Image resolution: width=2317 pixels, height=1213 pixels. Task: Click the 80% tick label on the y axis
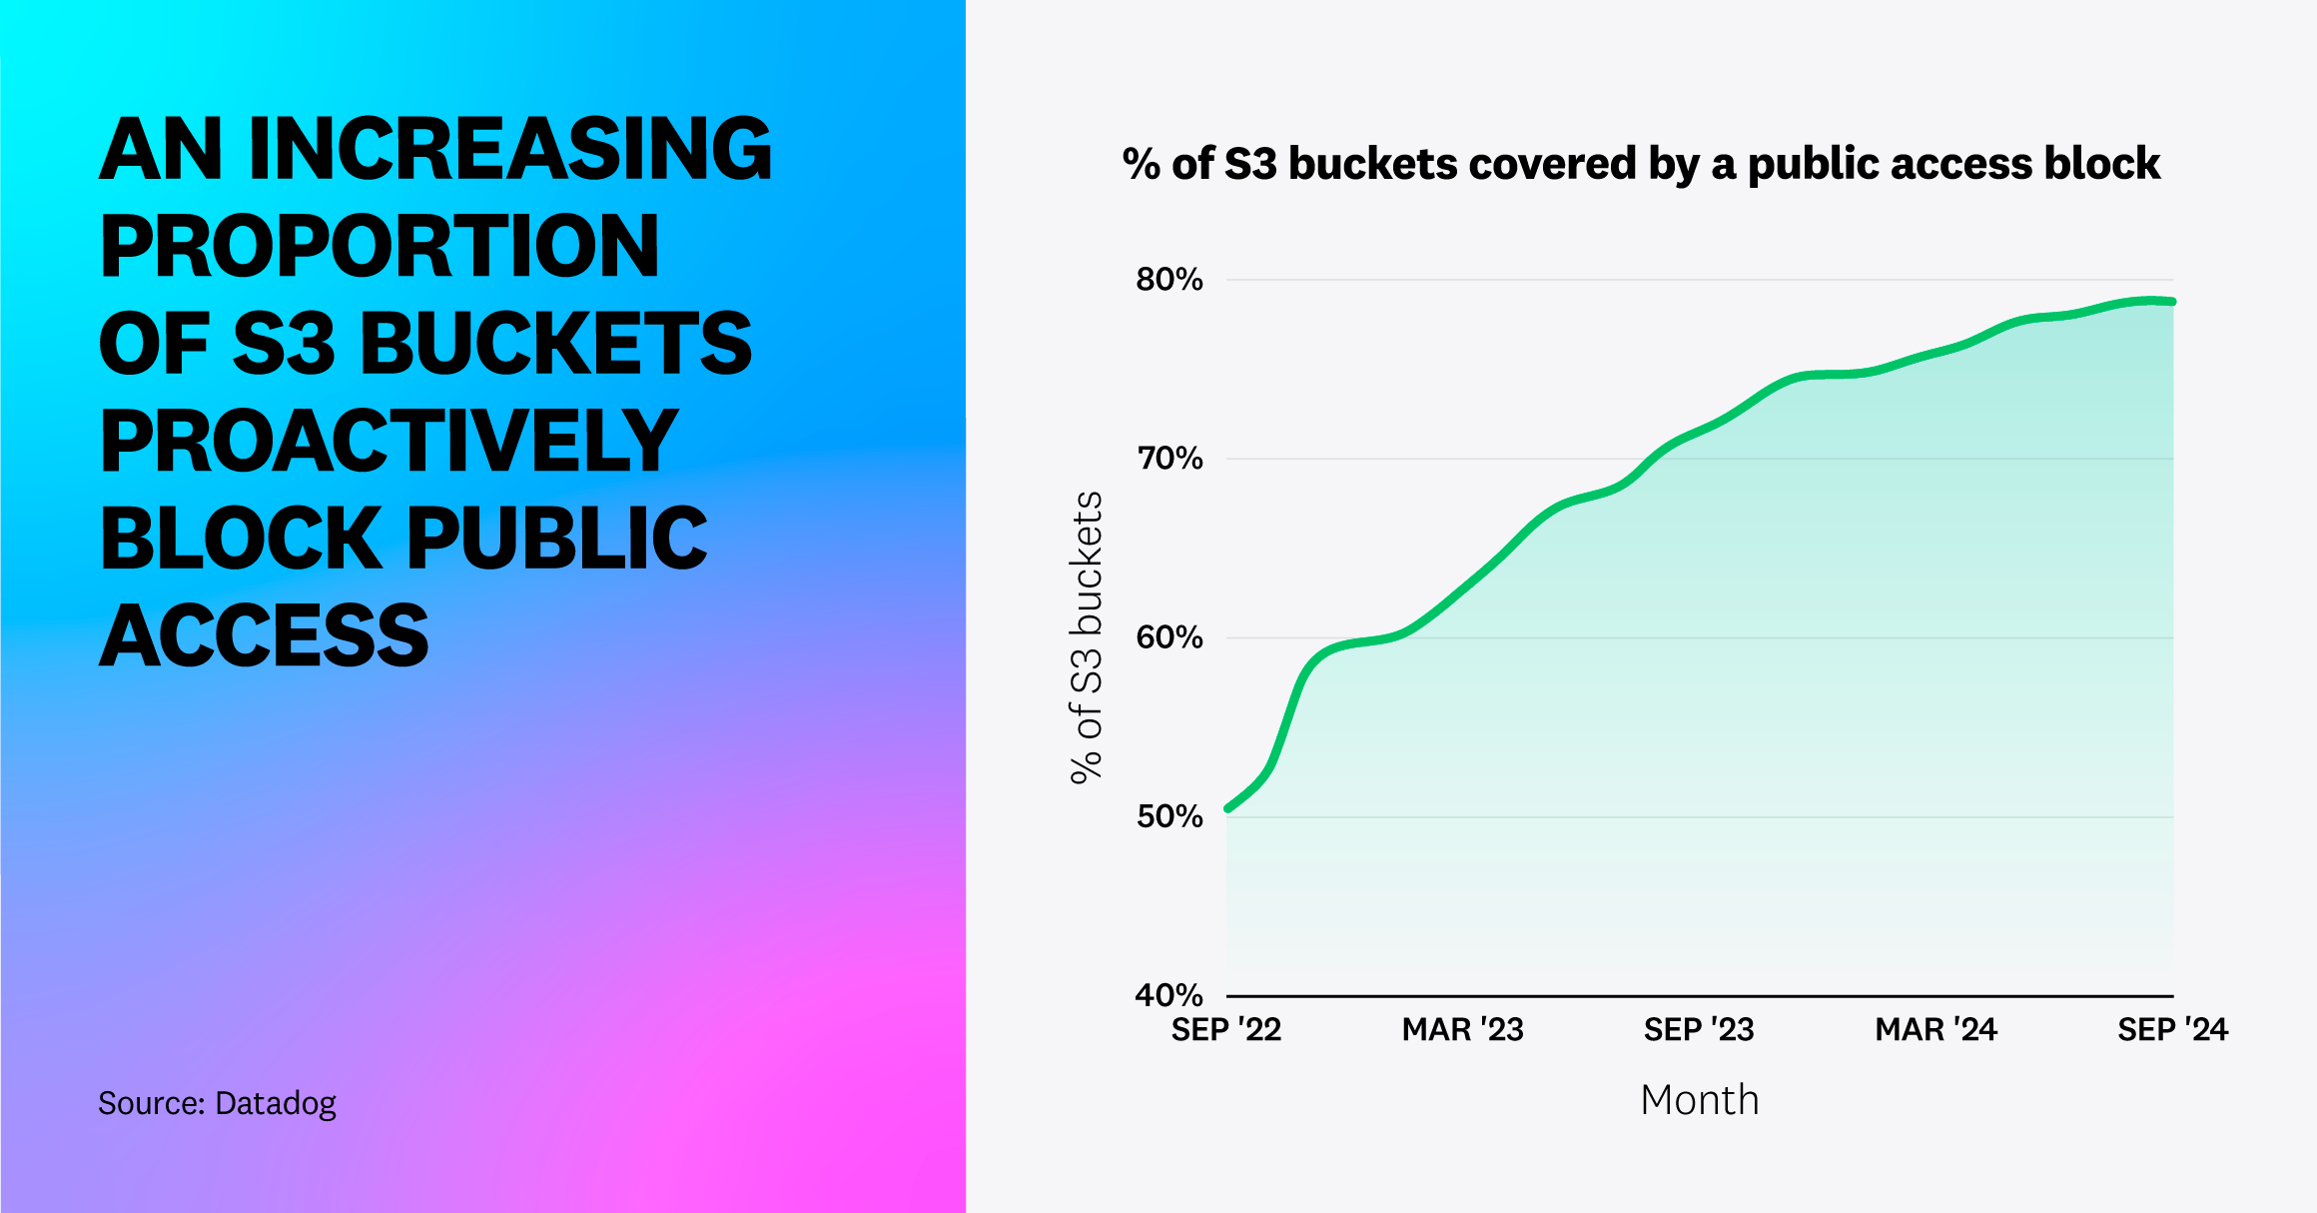tap(1168, 280)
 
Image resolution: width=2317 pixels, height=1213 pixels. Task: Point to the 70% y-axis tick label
tap(1168, 459)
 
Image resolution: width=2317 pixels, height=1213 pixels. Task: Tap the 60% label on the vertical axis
tap(1168, 637)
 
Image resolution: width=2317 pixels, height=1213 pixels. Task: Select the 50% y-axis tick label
tap(1168, 816)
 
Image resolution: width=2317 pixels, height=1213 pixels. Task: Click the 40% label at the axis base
tap(1168, 995)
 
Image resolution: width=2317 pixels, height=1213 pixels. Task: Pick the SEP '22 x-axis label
tap(1225, 1030)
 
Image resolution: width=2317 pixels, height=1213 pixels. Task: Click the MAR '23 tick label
tap(1462, 1030)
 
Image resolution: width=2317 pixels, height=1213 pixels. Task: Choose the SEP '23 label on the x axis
tap(1699, 1030)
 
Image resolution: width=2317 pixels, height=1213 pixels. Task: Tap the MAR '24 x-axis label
tap(1935, 1030)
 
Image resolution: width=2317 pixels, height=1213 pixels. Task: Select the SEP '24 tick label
tap(2172, 1030)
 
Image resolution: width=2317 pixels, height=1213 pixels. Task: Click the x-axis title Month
tap(1699, 1100)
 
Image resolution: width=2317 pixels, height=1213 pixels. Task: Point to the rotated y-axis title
tap(1087, 637)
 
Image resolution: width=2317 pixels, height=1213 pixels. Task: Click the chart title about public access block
tap(1641, 164)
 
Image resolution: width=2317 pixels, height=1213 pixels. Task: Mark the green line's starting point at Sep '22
tap(1228, 808)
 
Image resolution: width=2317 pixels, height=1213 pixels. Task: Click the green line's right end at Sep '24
tap(2172, 301)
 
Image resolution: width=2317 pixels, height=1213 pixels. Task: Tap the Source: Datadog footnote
tap(217, 1103)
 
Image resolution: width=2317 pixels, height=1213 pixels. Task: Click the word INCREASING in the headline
tap(509, 150)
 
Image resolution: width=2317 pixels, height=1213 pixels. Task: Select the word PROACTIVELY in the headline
tap(389, 442)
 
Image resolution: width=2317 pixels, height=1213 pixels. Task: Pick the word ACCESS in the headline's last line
tap(264, 636)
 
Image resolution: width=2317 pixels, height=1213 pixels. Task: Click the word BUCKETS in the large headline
tap(555, 345)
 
